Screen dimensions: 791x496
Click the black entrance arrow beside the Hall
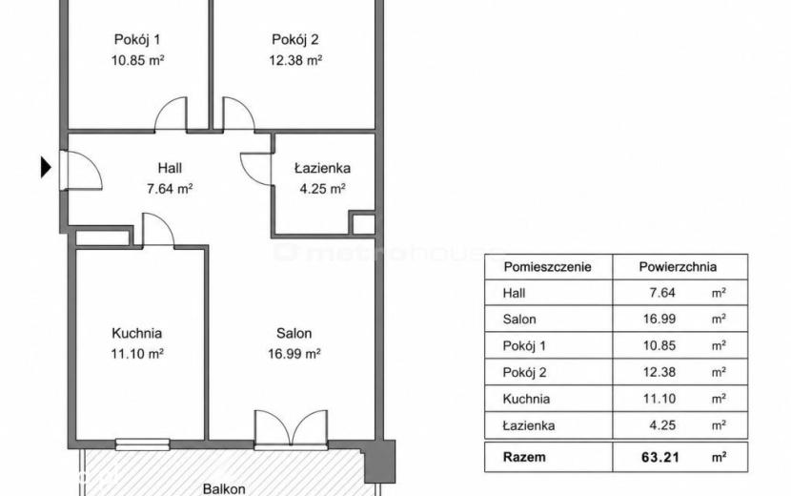coord(46,167)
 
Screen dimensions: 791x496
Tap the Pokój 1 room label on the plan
coord(137,39)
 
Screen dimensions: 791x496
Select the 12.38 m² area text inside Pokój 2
coord(295,61)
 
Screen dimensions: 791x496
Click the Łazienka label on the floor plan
coord(322,168)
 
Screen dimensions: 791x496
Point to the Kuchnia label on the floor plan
coord(136,333)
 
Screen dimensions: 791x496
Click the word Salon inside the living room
coord(294,333)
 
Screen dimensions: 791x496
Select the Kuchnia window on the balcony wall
coord(143,444)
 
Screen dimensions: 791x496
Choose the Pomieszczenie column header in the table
coord(547,267)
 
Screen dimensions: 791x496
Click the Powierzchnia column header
coord(678,267)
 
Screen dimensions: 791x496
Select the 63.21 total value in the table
coord(660,458)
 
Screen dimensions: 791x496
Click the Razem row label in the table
coord(524,457)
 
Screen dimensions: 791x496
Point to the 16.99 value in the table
coord(659,320)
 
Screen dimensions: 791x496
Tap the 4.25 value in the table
coord(662,425)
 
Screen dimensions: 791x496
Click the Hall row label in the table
coord(514,293)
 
